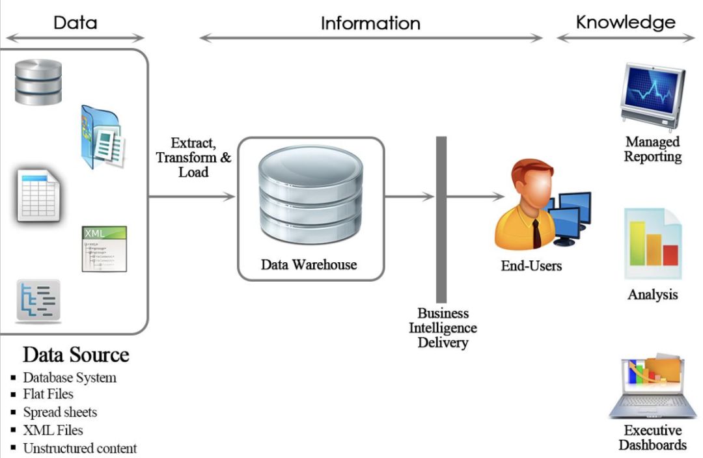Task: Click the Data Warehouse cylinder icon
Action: click(310, 195)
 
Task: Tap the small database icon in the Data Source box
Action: click(38, 82)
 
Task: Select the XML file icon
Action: click(104, 249)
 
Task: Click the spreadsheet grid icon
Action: click(38, 195)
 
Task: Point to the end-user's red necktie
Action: click(536, 233)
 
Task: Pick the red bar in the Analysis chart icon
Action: click(670, 255)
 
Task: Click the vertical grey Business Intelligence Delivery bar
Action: click(441, 220)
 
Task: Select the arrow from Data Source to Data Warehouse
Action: click(192, 196)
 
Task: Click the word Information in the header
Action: click(371, 23)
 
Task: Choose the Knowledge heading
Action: click(626, 22)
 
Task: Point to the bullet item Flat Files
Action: click(48, 394)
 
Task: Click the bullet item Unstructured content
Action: click(80, 448)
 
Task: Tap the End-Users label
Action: click(531, 265)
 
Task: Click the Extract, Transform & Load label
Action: click(194, 157)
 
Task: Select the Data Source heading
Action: click(76, 355)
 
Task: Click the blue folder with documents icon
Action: click(102, 137)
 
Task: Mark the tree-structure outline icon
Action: click(38, 301)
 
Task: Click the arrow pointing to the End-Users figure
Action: click(475, 196)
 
